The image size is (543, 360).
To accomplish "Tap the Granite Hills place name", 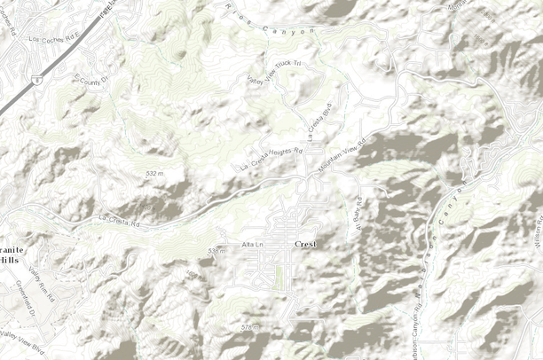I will click(x=11, y=256).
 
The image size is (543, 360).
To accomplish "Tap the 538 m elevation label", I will click(x=216, y=251).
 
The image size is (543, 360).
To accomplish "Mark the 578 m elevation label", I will click(x=250, y=328).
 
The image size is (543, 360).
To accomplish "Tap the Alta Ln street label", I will click(x=253, y=244).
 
